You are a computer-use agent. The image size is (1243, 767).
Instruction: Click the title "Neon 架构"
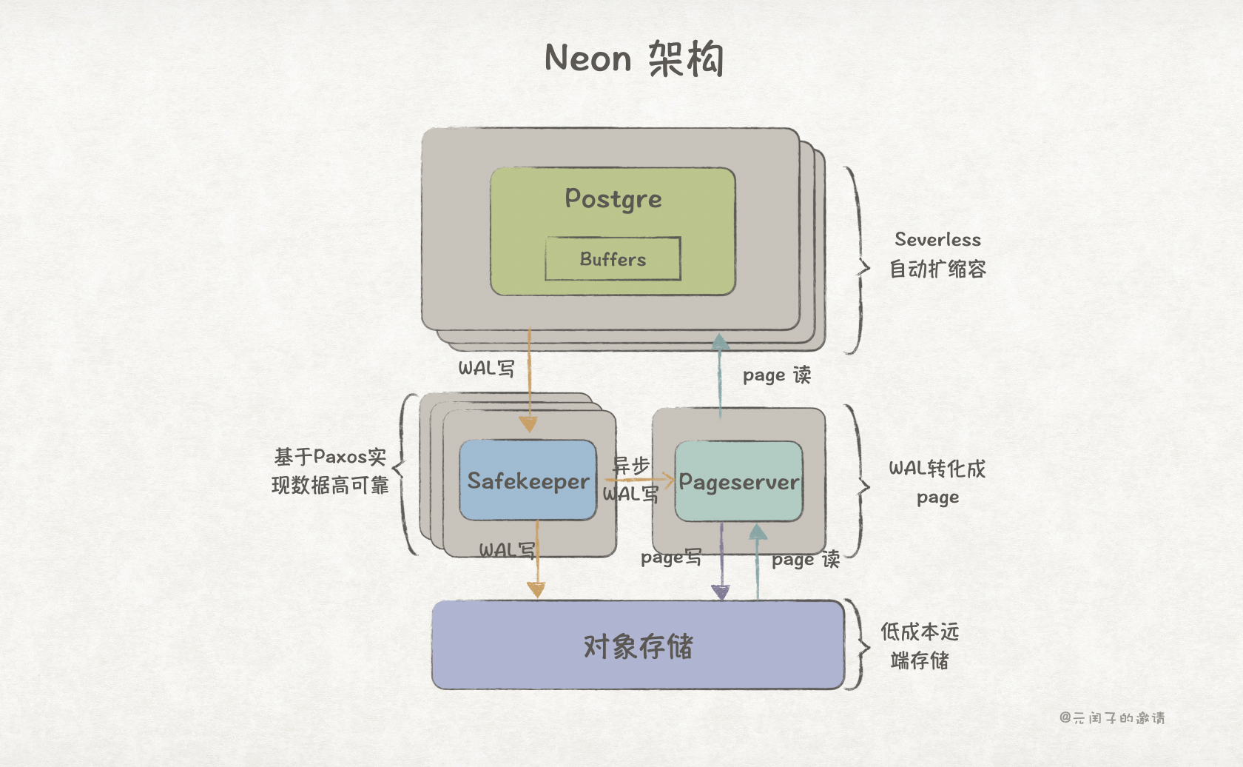pos(634,58)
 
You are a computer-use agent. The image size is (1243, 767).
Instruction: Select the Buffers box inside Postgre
pos(613,259)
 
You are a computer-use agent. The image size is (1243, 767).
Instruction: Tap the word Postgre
pos(613,198)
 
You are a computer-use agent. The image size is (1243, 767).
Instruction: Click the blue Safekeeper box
pos(528,480)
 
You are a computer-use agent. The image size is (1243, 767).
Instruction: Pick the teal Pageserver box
pos(738,482)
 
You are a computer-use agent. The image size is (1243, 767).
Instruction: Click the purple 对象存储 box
pos(638,646)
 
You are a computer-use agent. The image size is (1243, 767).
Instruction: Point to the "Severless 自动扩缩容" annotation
pos(937,254)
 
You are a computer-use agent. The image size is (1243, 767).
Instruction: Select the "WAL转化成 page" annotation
pos(937,482)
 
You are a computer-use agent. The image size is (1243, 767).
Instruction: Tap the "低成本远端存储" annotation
pos(920,646)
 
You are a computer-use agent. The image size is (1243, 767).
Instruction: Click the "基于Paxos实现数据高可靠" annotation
pos(330,471)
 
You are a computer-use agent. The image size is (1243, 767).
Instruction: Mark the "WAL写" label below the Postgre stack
pos(486,368)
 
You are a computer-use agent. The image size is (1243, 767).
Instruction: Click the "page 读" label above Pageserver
pos(776,375)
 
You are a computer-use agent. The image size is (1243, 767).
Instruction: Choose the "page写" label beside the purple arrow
pos(670,557)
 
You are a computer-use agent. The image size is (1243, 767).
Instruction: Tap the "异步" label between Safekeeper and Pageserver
pos(630,466)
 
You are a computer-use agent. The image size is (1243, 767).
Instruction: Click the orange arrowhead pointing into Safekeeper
pos(528,424)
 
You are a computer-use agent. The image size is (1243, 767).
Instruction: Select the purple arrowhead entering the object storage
pos(721,592)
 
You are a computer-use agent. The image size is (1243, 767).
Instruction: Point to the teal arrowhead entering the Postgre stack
pos(720,342)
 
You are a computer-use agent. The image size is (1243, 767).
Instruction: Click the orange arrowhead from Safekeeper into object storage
pos(536,589)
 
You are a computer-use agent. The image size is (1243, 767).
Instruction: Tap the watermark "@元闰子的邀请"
pos(1112,717)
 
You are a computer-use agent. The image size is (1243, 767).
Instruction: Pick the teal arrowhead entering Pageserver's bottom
pos(758,532)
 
